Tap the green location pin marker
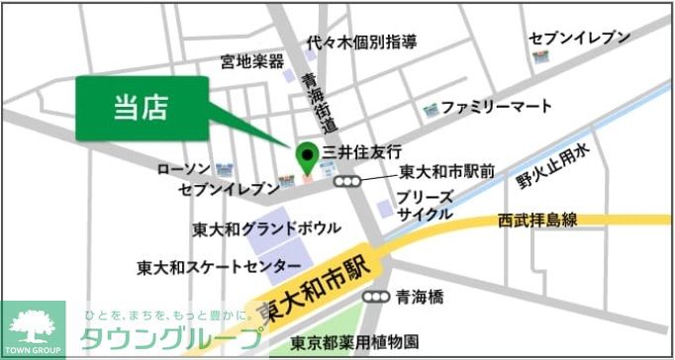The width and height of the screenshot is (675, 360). (x=306, y=155)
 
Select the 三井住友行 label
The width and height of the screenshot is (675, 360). (x=363, y=152)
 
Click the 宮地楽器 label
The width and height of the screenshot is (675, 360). (x=251, y=62)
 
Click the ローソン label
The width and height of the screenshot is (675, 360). (x=184, y=169)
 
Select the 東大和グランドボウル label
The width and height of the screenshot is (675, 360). (x=266, y=229)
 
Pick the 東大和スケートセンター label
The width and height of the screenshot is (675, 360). (x=219, y=267)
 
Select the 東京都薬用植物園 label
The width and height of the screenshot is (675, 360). (x=355, y=343)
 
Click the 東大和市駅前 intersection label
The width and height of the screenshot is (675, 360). (x=446, y=172)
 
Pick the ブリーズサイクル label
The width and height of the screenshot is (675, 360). (x=426, y=205)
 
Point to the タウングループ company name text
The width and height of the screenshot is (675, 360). (x=173, y=337)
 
